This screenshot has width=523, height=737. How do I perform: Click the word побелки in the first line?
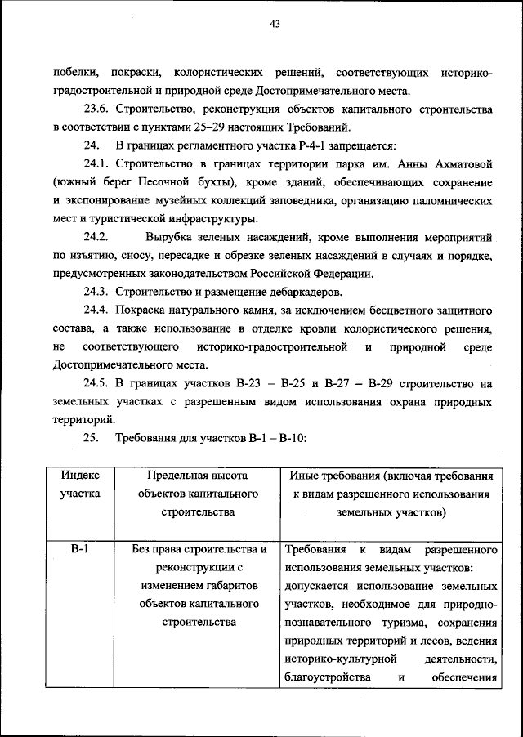point(73,74)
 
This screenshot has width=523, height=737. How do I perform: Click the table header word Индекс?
point(80,475)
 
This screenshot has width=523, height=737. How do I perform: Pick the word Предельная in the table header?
point(177,475)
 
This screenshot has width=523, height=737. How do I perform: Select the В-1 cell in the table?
point(80,549)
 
